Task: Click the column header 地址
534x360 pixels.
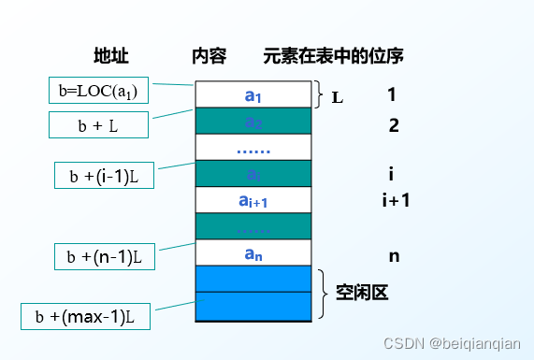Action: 110,55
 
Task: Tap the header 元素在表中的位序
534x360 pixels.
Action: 334,55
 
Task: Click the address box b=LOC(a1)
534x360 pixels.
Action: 97,91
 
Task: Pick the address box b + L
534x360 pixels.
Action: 97,124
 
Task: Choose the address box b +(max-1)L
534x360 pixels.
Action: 85,317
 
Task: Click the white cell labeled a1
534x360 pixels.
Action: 253,94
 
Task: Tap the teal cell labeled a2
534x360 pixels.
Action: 253,122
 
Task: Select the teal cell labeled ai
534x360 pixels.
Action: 253,174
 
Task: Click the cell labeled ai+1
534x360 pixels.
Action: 253,200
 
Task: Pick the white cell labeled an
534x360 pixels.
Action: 253,252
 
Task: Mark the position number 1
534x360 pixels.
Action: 392,94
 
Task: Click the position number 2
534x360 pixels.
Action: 393,125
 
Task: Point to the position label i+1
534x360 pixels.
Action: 397,200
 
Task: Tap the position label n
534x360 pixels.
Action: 394,254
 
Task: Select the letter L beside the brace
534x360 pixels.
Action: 338,95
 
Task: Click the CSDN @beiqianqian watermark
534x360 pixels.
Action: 460,342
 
